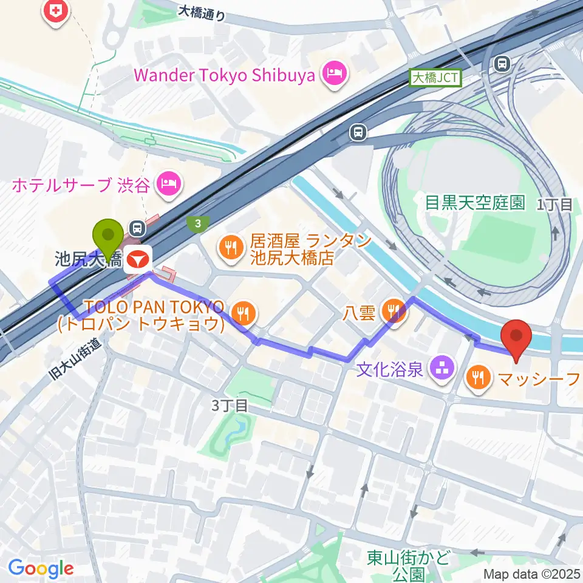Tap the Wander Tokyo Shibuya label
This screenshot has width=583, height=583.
click(224, 76)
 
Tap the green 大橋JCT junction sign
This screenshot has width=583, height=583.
click(436, 77)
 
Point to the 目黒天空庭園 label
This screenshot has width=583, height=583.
click(475, 203)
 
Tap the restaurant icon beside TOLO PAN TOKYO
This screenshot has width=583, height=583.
click(244, 313)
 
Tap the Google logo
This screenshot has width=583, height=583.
click(41, 569)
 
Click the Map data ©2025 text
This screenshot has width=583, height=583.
click(532, 573)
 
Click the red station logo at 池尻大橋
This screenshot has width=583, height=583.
click(137, 260)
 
